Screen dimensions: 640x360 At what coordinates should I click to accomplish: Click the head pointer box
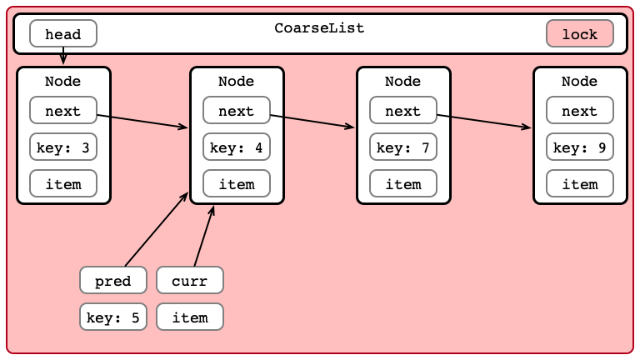click(x=63, y=33)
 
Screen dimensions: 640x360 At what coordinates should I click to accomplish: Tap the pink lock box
click(x=580, y=33)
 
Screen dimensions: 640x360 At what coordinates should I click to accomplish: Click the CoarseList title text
click(x=319, y=27)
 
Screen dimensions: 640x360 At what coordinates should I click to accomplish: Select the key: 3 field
click(x=63, y=147)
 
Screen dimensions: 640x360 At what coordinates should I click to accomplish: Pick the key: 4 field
click(x=237, y=147)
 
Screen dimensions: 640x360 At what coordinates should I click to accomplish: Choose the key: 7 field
click(x=402, y=147)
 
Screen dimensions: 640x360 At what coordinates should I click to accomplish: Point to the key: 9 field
click(x=580, y=147)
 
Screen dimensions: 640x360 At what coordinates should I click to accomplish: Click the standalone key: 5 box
click(x=113, y=317)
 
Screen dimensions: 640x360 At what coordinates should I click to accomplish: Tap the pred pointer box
click(x=113, y=280)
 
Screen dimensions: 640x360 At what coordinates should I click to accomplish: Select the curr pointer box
click(x=190, y=280)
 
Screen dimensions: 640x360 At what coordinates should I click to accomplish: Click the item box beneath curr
click(x=190, y=317)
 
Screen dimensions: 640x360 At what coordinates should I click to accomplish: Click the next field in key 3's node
click(x=63, y=110)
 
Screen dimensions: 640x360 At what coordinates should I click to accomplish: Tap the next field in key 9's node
click(x=580, y=110)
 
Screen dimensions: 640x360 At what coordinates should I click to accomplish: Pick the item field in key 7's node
click(x=402, y=183)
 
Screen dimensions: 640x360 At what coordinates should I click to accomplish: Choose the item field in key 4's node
click(x=237, y=183)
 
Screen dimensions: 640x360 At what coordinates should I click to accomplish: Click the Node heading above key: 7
click(x=402, y=81)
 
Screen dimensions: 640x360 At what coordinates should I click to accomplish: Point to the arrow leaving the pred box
click(x=157, y=229)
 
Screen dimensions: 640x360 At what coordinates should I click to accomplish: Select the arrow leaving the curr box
click(x=204, y=236)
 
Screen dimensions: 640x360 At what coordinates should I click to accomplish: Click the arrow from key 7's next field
click(x=484, y=122)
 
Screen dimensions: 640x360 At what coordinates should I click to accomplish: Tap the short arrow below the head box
click(x=63, y=56)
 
